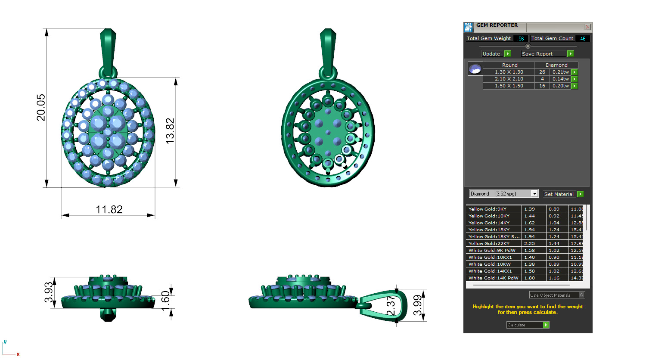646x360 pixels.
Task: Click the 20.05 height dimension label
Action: pyautogui.click(x=41, y=108)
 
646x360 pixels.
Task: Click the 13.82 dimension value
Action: pyautogui.click(x=170, y=131)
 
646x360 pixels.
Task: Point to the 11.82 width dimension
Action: pyautogui.click(x=109, y=210)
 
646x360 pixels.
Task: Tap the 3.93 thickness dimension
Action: pyautogui.click(x=49, y=292)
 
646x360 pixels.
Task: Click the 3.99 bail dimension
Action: pyautogui.click(x=417, y=305)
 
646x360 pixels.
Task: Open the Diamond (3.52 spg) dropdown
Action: pyautogui.click(x=534, y=194)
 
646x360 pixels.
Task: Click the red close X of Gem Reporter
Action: pyautogui.click(x=587, y=27)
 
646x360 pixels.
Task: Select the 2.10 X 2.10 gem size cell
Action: pyautogui.click(x=509, y=79)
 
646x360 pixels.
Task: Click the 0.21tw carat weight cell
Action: pyautogui.click(x=560, y=72)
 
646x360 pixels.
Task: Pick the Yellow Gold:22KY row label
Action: pyautogui.click(x=489, y=244)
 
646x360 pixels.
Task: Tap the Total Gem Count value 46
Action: pyautogui.click(x=582, y=39)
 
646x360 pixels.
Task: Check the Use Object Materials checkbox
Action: pyautogui.click(x=581, y=295)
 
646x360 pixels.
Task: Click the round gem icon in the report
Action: pyautogui.click(x=475, y=69)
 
